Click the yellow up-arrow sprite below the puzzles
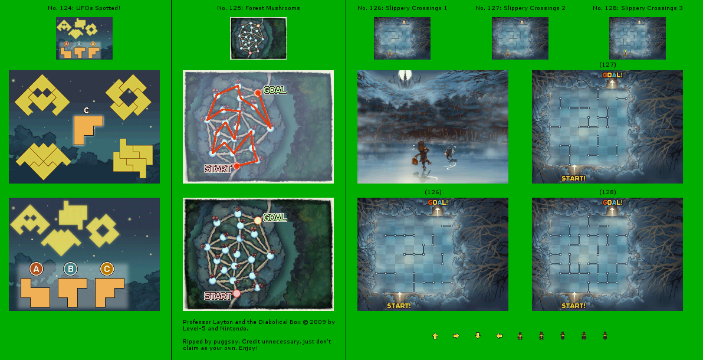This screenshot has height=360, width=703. pos(435,336)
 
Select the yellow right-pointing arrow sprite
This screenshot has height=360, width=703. pos(456,336)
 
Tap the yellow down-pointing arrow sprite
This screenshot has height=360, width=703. pos(478,336)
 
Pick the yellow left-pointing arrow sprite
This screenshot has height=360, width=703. pos(499,336)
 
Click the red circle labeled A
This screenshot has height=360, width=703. pos(36,269)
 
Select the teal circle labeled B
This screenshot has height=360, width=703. pos(70,269)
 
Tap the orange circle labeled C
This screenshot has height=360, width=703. pos(107,269)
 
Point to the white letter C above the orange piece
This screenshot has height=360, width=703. pos(86,110)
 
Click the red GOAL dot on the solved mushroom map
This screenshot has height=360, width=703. pos(258,93)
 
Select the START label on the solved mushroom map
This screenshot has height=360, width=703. pos(218,169)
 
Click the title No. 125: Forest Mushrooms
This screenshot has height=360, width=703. pos(259,8)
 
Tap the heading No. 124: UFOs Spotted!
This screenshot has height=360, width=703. pos(84,8)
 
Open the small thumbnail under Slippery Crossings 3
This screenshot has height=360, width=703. pos(637,38)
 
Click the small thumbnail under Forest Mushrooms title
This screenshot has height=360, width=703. pos(258,38)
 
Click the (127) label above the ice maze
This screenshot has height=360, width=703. pos(607,65)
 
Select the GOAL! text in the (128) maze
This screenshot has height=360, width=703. pos(612,202)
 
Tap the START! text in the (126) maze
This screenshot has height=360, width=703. pos(399,306)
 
